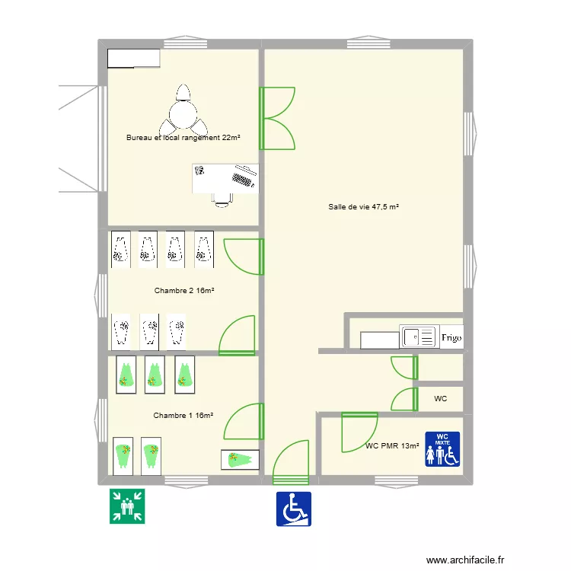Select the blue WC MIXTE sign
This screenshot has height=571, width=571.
click(442, 449)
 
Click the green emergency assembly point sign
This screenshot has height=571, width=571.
click(127, 507)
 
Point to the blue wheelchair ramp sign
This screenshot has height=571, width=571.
click(293, 509)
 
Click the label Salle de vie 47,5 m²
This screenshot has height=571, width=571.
click(364, 206)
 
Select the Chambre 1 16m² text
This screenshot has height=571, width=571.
click(183, 415)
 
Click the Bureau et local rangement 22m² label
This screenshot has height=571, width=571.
click(183, 138)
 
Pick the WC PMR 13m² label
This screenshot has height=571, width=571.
click(392, 446)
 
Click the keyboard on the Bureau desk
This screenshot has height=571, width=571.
click(243, 180)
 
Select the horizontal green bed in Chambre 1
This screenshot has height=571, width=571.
click(240, 460)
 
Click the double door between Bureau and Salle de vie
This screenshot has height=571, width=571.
click(276, 118)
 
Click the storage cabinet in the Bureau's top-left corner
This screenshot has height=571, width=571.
click(133, 59)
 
